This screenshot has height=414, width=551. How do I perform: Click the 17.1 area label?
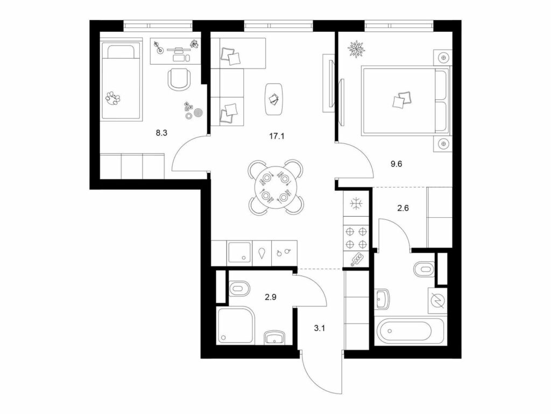click(x=277, y=136)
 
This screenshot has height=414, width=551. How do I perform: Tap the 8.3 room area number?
click(x=161, y=133)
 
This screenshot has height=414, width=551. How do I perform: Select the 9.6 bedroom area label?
click(x=396, y=164)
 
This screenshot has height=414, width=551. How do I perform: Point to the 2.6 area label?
click(x=403, y=208)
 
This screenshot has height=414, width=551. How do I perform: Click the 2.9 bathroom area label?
click(x=271, y=297)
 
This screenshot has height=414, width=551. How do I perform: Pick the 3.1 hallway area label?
click(x=320, y=329)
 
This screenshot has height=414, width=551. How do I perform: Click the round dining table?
click(x=275, y=188)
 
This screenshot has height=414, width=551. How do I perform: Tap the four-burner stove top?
click(x=356, y=238)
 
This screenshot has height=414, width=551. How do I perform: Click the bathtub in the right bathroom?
click(x=404, y=332)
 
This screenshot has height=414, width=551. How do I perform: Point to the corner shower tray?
click(x=235, y=325)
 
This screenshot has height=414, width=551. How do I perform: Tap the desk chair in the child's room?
click(x=179, y=79)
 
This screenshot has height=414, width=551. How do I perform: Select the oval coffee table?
click(x=274, y=99)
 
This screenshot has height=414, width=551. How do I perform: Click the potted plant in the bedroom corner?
click(x=356, y=49)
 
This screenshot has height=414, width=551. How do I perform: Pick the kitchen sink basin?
click(x=239, y=252)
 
